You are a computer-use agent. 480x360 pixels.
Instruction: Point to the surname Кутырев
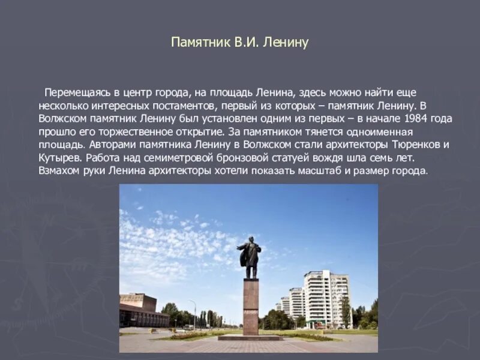pos(60,158)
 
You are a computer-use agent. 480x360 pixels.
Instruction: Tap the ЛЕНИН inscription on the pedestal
pos(251,313)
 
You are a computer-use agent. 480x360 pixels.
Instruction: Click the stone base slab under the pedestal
pos(250,338)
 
